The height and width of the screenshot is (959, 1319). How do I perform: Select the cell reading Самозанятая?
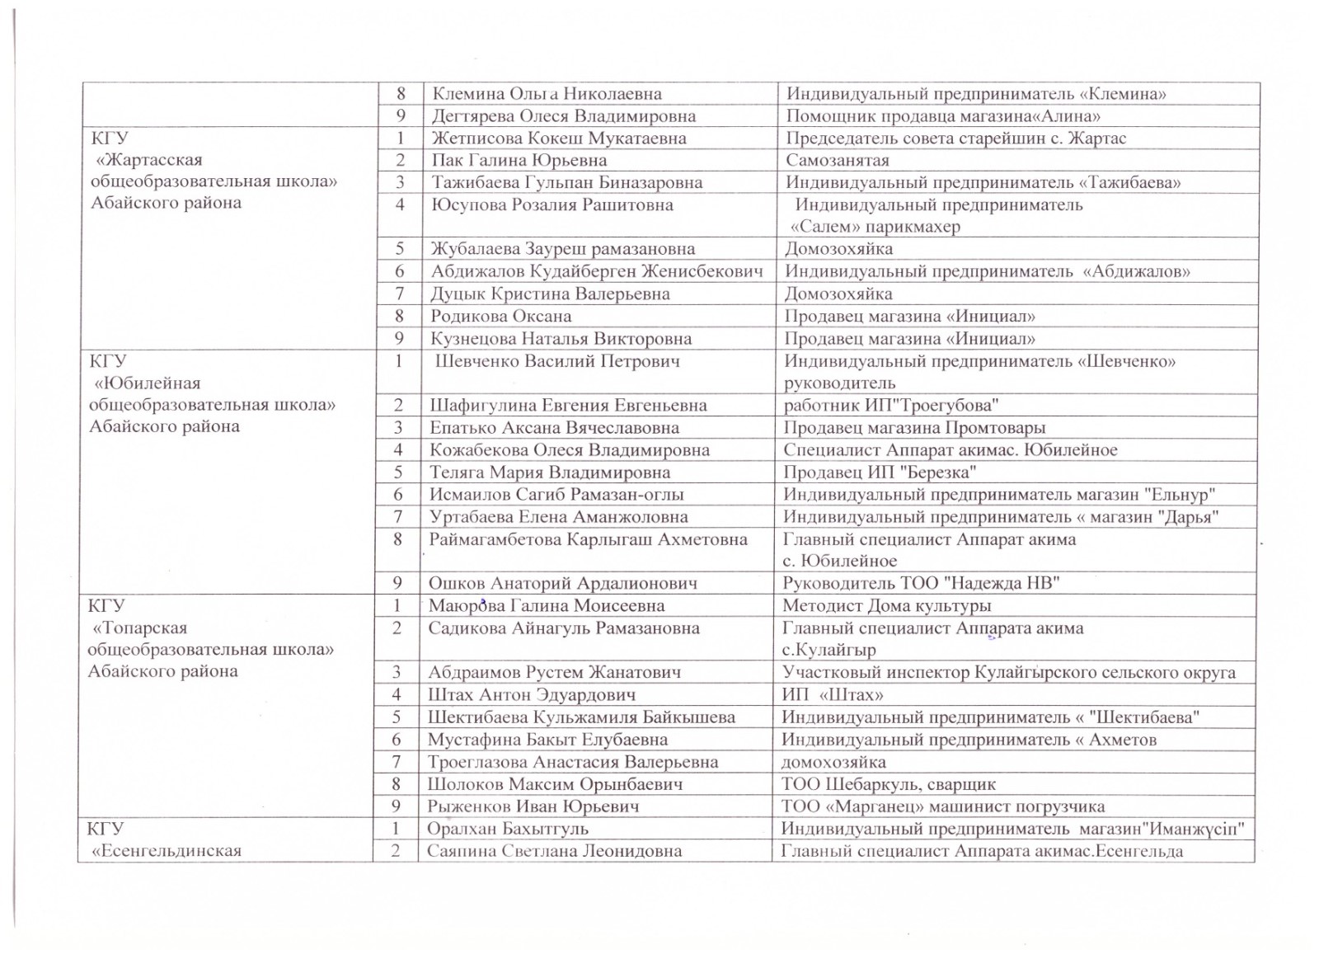(x=837, y=161)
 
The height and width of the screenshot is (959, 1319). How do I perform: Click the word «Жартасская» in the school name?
(x=150, y=160)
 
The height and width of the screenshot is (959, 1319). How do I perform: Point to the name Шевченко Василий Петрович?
(x=557, y=361)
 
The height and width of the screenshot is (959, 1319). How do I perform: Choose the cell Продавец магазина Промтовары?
(x=914, y=428)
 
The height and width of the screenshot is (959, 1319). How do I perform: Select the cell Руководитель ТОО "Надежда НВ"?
(x=920, y=583)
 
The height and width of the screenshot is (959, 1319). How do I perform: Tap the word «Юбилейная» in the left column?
(x=148, y=383)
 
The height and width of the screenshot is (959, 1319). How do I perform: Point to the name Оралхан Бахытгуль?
(x=507, y=829)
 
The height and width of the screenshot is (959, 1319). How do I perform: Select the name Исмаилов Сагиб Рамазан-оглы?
(x=556, y=495)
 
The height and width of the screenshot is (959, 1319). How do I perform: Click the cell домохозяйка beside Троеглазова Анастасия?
(x=833, y=762)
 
